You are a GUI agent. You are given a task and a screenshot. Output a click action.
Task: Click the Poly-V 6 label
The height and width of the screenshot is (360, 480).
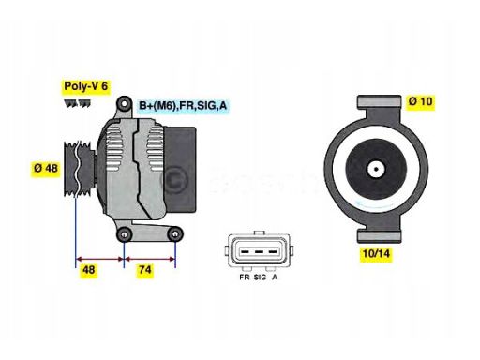point(85,86)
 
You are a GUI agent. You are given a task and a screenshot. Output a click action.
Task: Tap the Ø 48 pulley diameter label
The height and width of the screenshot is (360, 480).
point(45,169)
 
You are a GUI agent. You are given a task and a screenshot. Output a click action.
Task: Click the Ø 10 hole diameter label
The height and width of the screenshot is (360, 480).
point(420,101)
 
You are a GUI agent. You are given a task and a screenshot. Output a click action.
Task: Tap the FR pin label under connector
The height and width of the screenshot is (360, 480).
point(245,278)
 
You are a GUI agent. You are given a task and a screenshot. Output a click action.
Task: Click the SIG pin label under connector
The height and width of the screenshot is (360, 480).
point(261,278)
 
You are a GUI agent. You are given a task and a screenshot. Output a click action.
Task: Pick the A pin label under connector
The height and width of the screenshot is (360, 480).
point(274,278)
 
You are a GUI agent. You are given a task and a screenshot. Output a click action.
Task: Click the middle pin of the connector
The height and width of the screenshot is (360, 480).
point(259,252)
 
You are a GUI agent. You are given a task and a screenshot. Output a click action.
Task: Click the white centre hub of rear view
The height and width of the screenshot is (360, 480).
point(373,170)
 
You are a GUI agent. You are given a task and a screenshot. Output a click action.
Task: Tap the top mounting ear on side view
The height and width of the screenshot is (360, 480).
point(122,111)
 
